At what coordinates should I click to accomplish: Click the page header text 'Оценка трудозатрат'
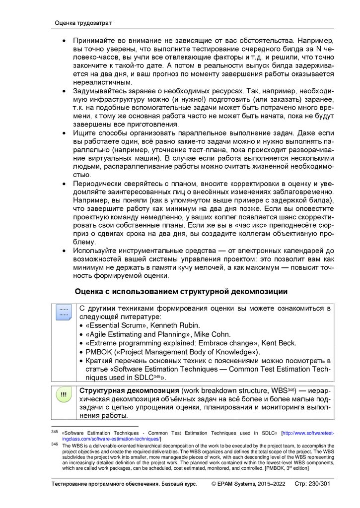[83, 23]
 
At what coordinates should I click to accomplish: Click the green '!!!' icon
[64, 394]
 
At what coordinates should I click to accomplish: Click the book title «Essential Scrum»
[115, 325]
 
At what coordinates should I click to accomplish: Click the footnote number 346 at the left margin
[55, 444]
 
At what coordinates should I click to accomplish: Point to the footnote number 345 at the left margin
[55, 433]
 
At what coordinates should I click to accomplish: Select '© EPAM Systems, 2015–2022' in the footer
[248, 484]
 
